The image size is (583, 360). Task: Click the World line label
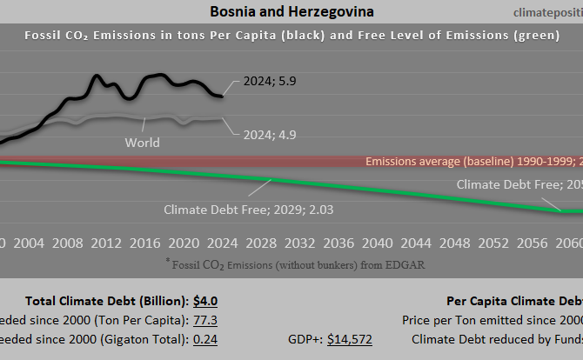point(143,142)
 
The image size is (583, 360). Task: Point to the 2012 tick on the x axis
point(105,242)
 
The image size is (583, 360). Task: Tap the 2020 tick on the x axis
point(182,242)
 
